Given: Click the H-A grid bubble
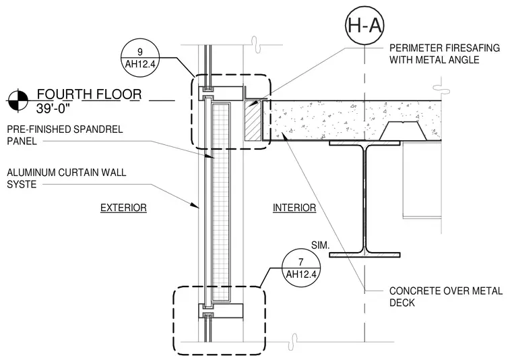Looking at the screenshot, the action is (364, 24).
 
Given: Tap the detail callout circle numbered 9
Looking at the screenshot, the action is (139, 59).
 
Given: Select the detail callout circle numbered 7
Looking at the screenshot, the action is (300, 268).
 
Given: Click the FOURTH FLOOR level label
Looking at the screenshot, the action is (89, 94).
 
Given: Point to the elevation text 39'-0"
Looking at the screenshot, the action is (53, 109).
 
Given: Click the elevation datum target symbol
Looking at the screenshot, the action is (18, 100).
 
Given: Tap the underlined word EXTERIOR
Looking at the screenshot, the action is (123, 208).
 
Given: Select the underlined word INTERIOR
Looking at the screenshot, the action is (294, 208).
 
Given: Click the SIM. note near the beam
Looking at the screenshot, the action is (320, 245).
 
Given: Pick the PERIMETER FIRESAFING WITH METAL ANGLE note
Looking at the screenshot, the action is (445, 54).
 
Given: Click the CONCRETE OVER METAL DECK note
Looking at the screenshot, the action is (446, 297).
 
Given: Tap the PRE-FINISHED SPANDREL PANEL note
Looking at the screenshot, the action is (65, 135).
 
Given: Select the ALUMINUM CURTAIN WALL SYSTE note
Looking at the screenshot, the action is (66, 179).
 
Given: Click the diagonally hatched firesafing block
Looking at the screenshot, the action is (253, 121).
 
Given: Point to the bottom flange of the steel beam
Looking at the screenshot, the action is (364, 255).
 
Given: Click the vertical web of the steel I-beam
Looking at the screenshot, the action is (364, 199).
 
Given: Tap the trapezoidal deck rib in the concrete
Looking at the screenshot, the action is (404, 131).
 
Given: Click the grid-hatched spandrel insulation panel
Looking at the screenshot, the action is (220, 202).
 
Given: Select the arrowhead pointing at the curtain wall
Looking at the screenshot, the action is (195, 204).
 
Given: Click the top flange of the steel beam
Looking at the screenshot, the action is (364, 143).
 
